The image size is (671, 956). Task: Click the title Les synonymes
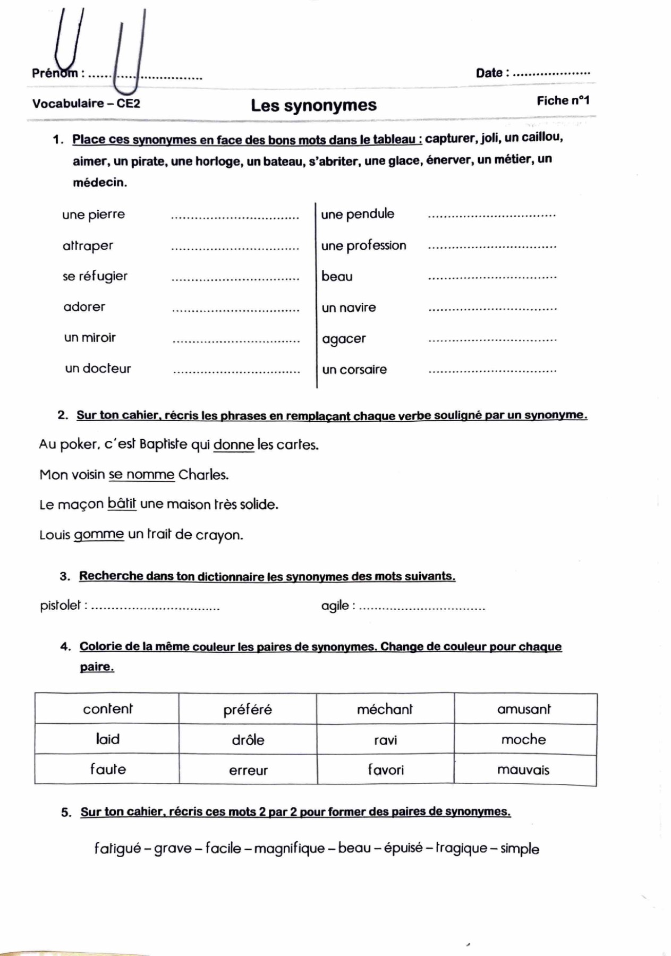click(x=313, y=105)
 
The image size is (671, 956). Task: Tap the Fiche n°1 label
click(x=563, y=100)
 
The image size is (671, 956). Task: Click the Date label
click(x=489, y=73)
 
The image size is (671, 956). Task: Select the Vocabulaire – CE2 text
click(x=86, y=104)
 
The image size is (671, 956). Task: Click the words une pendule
click(x=358, y=214)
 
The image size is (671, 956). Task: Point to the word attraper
click(x=88, y=245)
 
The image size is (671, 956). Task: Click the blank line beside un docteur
click(x=236, y=371)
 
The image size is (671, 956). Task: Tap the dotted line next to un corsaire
click(x=492, y=371)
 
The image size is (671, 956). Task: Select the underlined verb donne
click(x=234, y=445)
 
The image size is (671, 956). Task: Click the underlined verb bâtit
click(x=122, y=503)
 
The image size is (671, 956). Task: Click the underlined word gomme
click(x=99, y=534)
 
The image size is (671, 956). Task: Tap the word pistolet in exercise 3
click(x=61, y=605)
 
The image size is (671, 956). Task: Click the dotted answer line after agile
click(x=422, y=608)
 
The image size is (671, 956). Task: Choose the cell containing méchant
click(x=385, y=709)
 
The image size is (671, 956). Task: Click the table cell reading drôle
click(x=248, y=740)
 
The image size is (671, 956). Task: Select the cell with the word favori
click(x=386, y=770)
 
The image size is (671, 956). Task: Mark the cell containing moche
click(x=524, y=739)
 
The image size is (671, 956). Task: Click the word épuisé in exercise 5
click(x=403, y=848)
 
